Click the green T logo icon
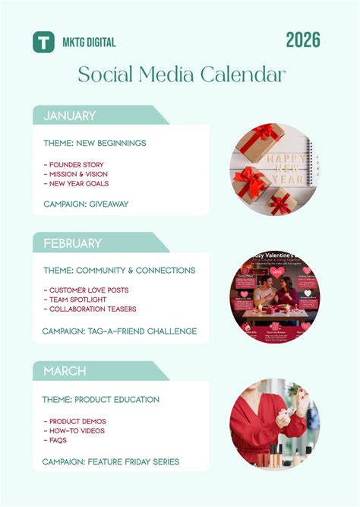coord(43,42)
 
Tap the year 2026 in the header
coord(303,40)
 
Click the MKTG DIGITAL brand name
coord(89,43)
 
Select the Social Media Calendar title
coord(182,74)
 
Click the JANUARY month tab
coord(70,116)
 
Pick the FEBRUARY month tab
coord(73,243)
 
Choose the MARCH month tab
coord(65,371)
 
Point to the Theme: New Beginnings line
coord(95,143)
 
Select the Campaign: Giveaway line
coord(86,204)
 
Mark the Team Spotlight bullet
coord(77,299)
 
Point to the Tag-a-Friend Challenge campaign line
coord(120,331)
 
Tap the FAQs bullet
coord(56,440)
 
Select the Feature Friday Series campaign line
coord(110,461)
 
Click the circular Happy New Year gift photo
coord(275,170)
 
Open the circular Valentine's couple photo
coord(275,297)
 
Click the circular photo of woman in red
coord(275,424)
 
